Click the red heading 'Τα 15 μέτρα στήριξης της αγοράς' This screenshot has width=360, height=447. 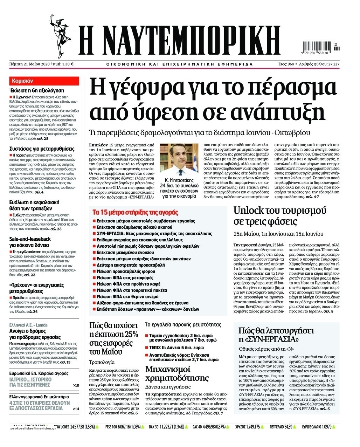[x=135, y=212]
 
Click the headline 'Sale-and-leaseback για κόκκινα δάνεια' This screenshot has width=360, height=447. [x=30, y=242]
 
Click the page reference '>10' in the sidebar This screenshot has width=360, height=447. [x=76, y=386]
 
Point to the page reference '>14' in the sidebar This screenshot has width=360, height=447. [x=76, y=408]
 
